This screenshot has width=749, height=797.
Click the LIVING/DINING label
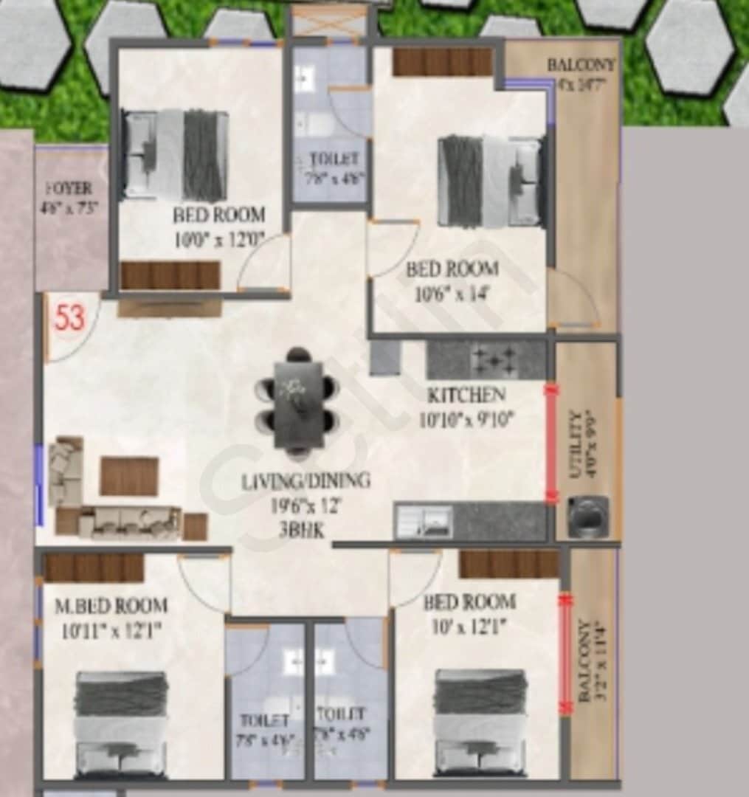[306, 481]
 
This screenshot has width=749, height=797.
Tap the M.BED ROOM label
[111, 606]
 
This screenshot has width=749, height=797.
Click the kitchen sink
[424, 521]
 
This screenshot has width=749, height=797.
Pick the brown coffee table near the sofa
[129, 476]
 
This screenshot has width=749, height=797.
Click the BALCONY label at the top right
[581, 65]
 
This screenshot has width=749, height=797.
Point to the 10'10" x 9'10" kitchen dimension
[466, 420]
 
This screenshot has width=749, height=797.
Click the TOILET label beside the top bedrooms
[334, 159]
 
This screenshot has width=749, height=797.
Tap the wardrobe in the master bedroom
[94, 567]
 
